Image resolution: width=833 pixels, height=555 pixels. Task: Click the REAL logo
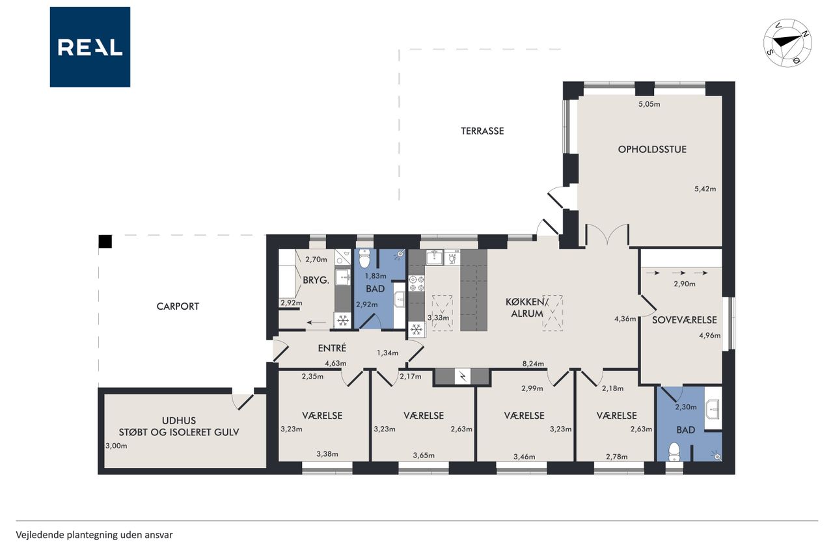click(90, 47)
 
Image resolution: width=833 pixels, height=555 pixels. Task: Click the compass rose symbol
click(787, 43)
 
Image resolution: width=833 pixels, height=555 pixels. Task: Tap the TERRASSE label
click(482, 131)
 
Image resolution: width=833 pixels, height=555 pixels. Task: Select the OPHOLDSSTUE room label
click(652, 150)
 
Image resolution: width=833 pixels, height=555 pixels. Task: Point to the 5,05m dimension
click(649, 105)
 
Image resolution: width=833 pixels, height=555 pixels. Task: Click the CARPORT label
click(178, 306)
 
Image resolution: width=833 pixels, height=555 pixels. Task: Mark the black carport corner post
click(105, 241)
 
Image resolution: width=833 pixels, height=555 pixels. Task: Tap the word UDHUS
click(179, 420)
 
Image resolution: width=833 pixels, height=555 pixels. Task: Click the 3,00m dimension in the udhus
click(116, 446)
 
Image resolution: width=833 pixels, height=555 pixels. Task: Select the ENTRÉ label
click(332, 347)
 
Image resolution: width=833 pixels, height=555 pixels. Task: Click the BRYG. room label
click(316, 280)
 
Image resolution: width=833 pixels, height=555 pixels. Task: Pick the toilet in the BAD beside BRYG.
click(364, 259)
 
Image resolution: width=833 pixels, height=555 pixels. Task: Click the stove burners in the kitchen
click(417, 283)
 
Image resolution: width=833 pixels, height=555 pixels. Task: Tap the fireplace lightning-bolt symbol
click(463, 376)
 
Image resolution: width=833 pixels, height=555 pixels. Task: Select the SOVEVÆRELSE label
click(685, 319)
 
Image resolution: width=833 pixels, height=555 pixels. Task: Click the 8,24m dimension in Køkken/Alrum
click(533, 364)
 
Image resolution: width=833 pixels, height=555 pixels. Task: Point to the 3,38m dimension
click(327, 454)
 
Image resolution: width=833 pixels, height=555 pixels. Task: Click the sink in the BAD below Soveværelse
click(713, 409)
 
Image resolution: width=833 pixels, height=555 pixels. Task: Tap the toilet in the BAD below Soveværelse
click(674, 452)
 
